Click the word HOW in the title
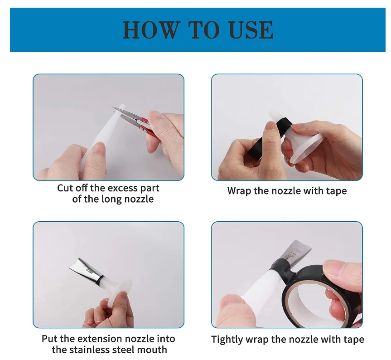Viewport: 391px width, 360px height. pyautogui.click(x=151, y=30)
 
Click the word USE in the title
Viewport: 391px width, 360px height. pyautogui.click(x=251, y=30)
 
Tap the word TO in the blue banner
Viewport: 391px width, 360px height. pyautogui.click(x=204, y=30)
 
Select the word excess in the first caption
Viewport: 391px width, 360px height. pyautogui.click(x=120, y=188)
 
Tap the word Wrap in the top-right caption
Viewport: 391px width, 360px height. pyautogui.click(x=239, y=191)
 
